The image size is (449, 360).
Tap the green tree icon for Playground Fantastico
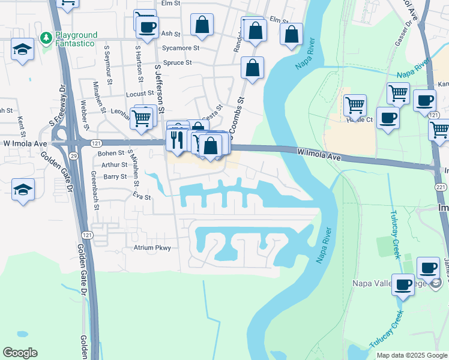46,38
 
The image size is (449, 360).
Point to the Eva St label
141,197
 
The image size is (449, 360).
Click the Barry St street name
115,177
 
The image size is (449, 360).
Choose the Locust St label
140,94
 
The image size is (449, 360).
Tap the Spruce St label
176,62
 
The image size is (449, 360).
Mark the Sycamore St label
180,47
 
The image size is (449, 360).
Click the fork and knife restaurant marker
176,140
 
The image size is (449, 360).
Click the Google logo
20,353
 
